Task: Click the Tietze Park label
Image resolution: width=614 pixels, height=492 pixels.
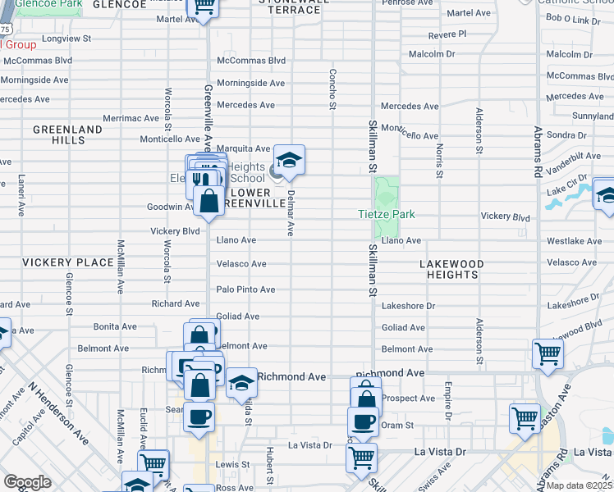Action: (x=387, y=215)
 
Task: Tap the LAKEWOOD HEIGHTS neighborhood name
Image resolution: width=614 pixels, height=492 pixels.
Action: (x=451, y=270)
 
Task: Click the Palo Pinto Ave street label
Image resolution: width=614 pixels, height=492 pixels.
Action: (x=245, y=289)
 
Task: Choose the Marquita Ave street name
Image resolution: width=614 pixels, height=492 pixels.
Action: (x=243, y=148)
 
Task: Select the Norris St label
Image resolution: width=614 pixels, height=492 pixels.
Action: (x=440, y=162)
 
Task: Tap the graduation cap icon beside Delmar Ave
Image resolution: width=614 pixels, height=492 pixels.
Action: (x=288, y=160)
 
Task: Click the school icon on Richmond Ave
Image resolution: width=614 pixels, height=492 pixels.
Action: (x=241, y=383)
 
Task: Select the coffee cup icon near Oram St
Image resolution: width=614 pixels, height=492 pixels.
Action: (x=363, y=421)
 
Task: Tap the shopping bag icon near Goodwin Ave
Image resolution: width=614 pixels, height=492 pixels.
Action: (x=209, y=200)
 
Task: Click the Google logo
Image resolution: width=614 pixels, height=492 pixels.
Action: (x=27, y=482)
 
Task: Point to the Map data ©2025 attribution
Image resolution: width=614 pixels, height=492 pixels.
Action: (x=579, y=485)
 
